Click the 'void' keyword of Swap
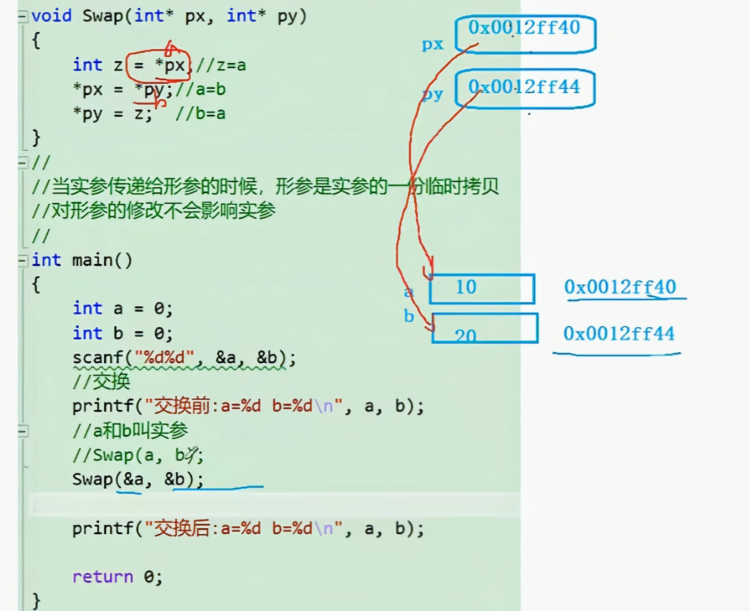coord(52,16)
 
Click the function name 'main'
coord(93,260)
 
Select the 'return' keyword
coord(103,577)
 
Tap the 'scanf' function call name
coord(97,358)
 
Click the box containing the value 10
coord(482,288)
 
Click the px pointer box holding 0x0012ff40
coord(525,34)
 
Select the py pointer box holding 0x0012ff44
coord(525,88)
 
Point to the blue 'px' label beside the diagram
coord(432,44)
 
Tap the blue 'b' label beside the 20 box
coord(409,317)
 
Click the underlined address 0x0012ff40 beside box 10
coord(620,287)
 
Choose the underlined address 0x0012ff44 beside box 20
coord(619,334)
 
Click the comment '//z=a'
coord(221,65)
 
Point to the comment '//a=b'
coord(201,89)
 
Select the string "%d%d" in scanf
coord(164,358)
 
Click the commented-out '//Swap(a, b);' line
coord(138,455)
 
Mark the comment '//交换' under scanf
coord(101,382)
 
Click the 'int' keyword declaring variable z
coord(87,65)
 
